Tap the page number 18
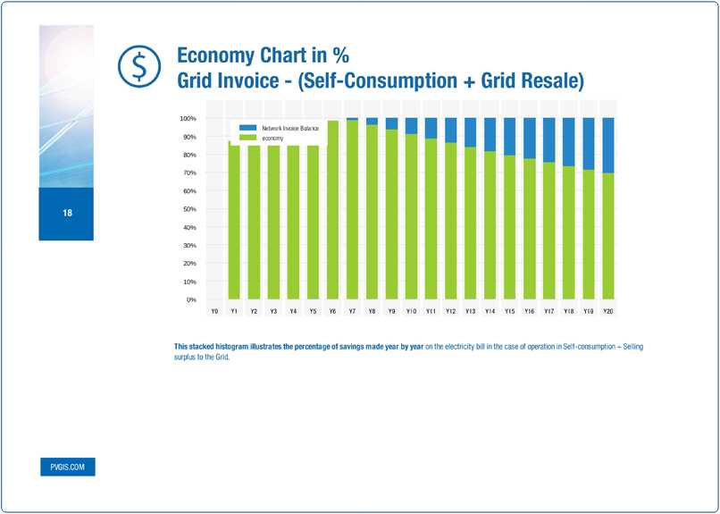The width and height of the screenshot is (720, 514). [x=67, y=213]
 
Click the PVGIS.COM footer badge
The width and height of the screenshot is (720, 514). [x=67, y=468]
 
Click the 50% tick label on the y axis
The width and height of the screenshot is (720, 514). [x=189, y=209]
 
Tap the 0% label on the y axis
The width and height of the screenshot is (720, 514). [x=191, y=299]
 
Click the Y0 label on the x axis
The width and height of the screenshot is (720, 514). [x=214, y=311]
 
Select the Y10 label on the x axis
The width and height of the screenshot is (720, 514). [x=411, y=311]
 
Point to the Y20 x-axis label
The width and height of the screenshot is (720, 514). [x=607, y=311]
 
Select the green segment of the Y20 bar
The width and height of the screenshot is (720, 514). [x=607, y=237]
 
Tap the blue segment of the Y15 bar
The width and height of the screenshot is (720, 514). [x=509, y=136]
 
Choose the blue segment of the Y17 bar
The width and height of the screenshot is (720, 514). [x=548, y=139]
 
